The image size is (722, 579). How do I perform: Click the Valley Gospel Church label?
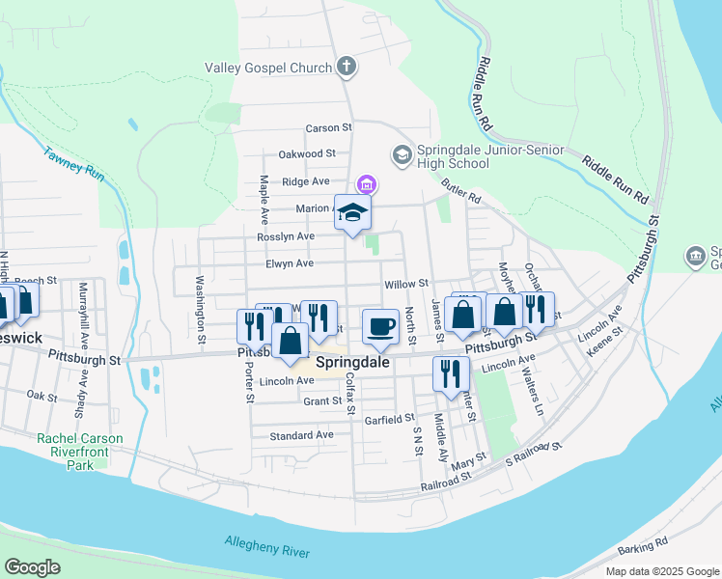267,68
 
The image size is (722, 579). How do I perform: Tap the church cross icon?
347,67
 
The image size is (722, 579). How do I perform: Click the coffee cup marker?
380,326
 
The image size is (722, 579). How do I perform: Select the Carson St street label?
329,127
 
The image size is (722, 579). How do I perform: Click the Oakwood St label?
306,153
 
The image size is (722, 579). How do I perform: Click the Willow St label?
405,284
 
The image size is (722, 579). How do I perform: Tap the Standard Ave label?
301,435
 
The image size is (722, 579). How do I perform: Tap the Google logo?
33,567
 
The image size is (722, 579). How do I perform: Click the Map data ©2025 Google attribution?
661,571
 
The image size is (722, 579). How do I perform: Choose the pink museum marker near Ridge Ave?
367,184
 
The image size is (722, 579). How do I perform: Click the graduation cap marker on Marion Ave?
353,212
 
